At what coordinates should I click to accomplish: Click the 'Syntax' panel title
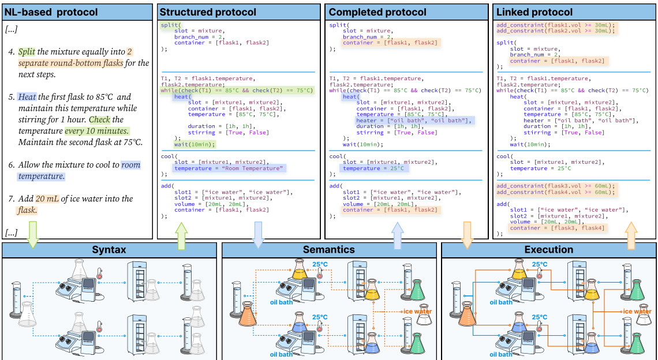110,250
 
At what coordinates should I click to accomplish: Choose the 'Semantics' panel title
329,250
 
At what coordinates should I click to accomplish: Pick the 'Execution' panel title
549,250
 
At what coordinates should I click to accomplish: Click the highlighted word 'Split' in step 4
27,52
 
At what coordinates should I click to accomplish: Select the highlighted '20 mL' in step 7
47,198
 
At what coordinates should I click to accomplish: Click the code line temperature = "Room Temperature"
229,168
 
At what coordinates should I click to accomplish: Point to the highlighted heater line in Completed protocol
413,121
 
